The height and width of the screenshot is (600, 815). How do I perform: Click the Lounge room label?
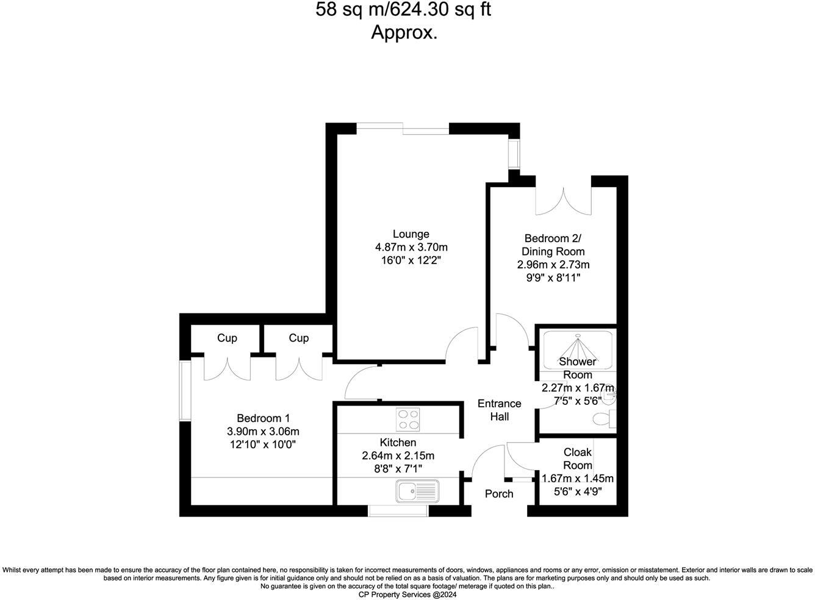coord(411,234)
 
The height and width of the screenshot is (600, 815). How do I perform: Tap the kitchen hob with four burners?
coord(408,419)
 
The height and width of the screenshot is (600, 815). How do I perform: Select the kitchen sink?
coord(417,491)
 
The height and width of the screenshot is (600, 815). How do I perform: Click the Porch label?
coord(499,494)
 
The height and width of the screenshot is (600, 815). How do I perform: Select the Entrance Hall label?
coord(499,410)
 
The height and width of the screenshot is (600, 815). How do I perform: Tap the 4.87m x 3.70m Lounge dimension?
coord(411,248)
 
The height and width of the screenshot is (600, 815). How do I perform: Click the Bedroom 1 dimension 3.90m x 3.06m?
coord(263,432)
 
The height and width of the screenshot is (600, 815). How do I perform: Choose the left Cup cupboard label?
coord(227,338)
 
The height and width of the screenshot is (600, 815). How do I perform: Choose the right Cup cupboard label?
coord(298,338)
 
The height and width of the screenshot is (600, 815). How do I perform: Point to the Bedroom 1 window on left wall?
coord(185,391)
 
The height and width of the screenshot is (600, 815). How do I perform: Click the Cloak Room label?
coord(577,459)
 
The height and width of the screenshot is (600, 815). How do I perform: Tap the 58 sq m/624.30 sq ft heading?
coord(403,10)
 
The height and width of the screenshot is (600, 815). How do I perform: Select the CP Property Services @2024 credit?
coord(407,595)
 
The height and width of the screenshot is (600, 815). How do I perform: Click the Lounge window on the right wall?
coord(514,154)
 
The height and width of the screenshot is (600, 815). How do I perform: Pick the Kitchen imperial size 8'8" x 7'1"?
coord(398,468)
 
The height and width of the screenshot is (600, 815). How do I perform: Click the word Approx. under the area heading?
coord(404,32)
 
